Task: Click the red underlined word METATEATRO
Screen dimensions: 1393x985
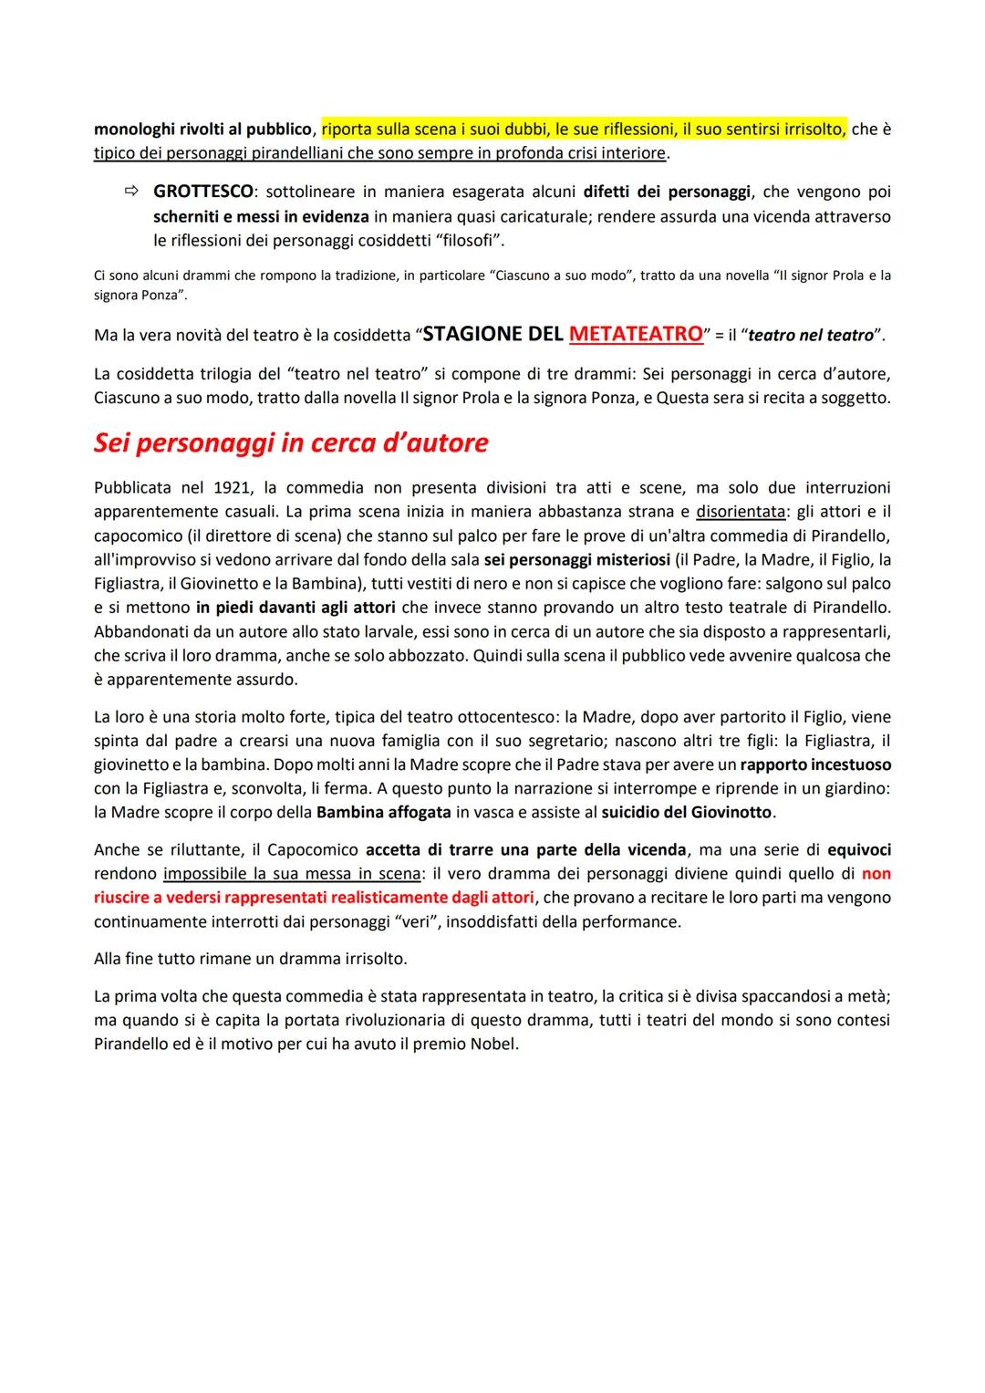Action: coord(636,334)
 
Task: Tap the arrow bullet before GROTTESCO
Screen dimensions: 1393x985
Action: coord(132,192)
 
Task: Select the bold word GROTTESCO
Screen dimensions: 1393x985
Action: coord(202,192)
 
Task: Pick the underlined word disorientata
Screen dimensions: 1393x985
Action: coord(740,511)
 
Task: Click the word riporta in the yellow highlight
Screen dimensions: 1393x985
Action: coord(348,129)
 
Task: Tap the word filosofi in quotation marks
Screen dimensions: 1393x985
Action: coord(465,240)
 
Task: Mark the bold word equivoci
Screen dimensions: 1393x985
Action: coord(858,849)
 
